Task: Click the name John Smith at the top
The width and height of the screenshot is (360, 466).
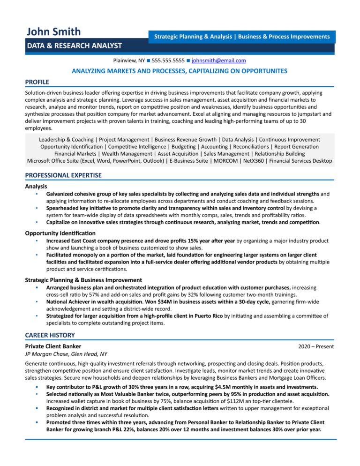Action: coord(53,31)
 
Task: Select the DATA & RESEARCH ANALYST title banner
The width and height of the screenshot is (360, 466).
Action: coord(74,45)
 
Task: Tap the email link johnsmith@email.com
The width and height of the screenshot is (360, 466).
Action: coord(219,60)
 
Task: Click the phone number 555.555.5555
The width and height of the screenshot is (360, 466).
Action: coord(168,60)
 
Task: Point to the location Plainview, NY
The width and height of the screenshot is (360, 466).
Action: coord(129,60)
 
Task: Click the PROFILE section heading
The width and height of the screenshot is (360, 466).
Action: coord(37,82)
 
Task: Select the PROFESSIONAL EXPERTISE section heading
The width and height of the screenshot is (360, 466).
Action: coord(63,175)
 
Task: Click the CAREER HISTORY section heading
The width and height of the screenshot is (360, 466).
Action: coord(50,335)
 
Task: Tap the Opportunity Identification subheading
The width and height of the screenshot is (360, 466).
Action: coord(60,233)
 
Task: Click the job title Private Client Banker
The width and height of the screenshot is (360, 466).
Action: coord(53,346)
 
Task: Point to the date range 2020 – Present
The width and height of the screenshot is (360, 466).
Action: coord(316,346)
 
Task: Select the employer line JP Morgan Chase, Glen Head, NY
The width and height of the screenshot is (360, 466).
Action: coord(66,354)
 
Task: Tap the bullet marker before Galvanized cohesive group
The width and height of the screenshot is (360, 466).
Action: coord(36,194)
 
